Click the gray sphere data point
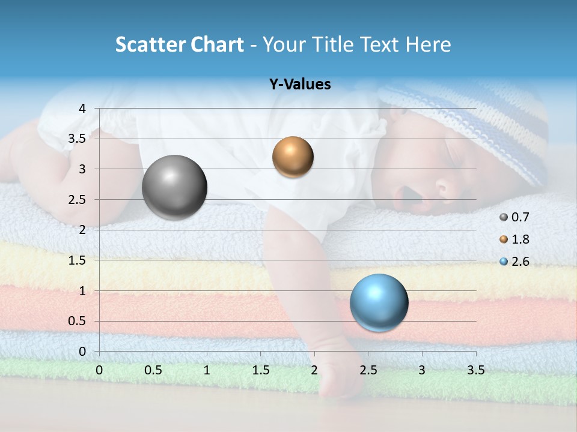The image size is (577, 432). (x=174, y=187)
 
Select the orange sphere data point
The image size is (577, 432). (x=293, y=157)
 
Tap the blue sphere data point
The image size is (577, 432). (x=379, y=302)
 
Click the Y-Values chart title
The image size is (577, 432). (x=299, y=85)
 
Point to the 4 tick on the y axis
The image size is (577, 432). (x=82, y=108)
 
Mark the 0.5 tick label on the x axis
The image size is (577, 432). (x=153, y=370)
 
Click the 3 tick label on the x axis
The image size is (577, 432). (x=422, y=370)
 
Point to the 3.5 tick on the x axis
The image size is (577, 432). (x=475, y=370)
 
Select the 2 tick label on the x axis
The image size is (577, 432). (x=314, y=370)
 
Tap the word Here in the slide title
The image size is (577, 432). (x=427, y=44)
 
